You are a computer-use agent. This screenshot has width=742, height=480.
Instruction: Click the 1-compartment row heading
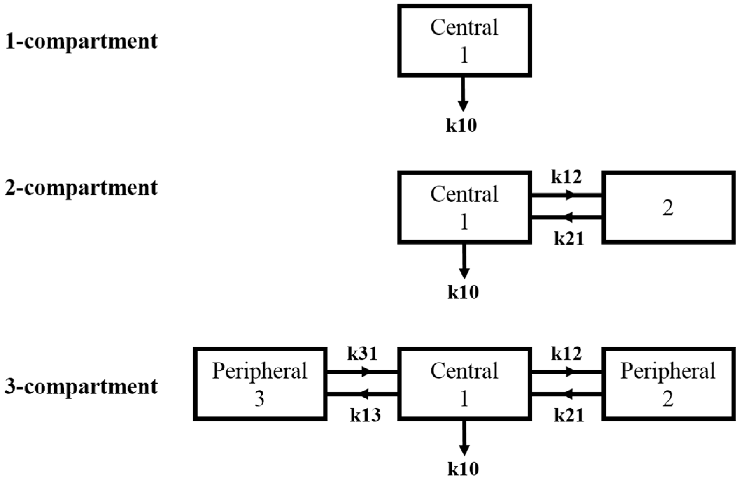click(81, 42)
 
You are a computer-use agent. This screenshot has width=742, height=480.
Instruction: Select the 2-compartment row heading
click(81, 188)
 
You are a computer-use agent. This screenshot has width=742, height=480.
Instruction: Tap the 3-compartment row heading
click(81, 387)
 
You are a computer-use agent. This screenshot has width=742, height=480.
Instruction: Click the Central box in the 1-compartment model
click(464, 41)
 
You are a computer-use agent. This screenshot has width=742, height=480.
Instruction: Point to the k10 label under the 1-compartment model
click(461, 125)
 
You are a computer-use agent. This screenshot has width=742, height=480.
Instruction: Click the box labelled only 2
click(668, 208)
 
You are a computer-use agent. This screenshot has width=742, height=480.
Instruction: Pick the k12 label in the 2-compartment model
click(566, 177)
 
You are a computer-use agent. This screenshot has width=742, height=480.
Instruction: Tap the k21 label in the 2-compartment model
click(569, 239)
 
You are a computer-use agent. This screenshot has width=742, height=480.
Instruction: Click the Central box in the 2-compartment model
click(464, 208)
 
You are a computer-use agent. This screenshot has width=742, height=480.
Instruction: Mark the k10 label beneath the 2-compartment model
click(463, 292)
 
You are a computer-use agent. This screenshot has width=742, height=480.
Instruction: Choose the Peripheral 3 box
click(260, 384)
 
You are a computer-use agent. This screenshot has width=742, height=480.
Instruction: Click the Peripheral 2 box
click(668, 384)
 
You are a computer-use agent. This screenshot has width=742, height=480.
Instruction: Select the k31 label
click(362, 354)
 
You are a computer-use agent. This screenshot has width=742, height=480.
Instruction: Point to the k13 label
click(365, 415)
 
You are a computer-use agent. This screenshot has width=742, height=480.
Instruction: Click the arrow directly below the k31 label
click(362, 372)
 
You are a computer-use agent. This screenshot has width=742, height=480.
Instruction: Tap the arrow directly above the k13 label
click(362, 394)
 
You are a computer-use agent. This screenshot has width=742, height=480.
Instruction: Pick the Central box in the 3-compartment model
click(464, 384)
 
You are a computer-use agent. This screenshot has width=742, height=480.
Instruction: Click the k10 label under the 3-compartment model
click(463, 469)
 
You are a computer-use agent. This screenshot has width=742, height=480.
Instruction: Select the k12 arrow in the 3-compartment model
click(566, 372)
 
